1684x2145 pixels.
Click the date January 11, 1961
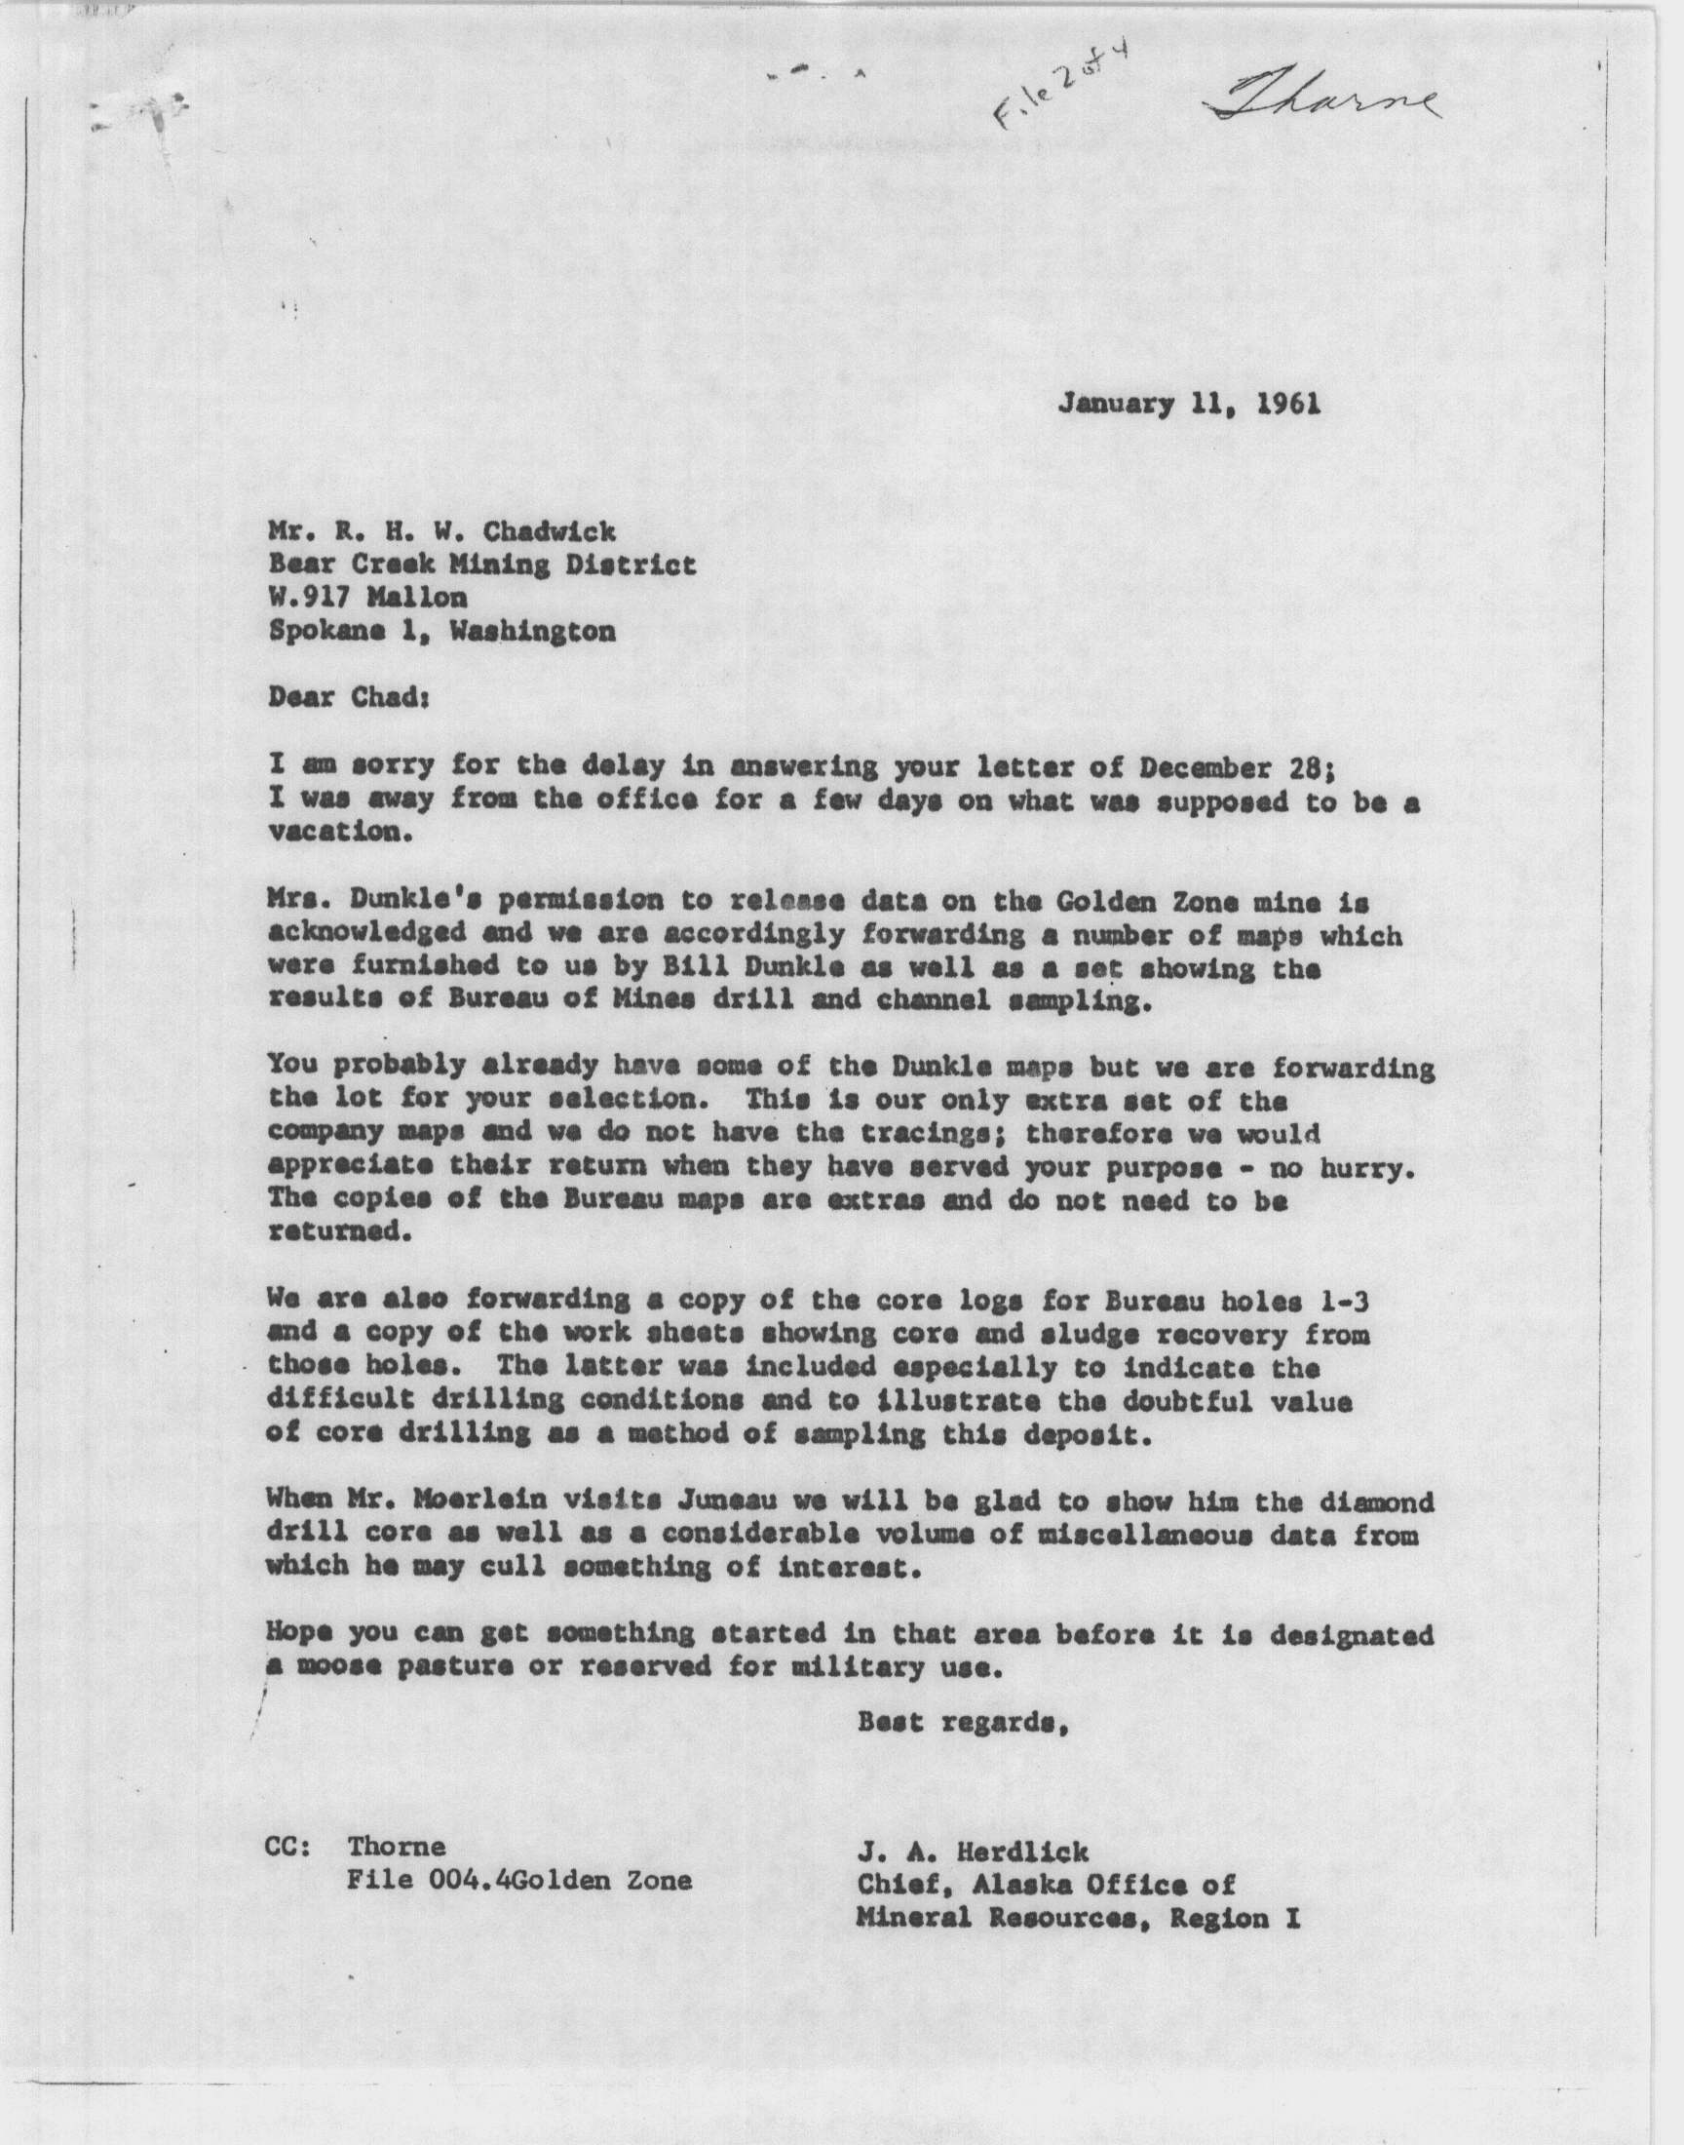1189,405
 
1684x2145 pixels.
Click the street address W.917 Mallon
368,598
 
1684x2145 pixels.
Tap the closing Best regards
963,1724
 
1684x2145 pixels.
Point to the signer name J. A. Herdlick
973,1852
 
